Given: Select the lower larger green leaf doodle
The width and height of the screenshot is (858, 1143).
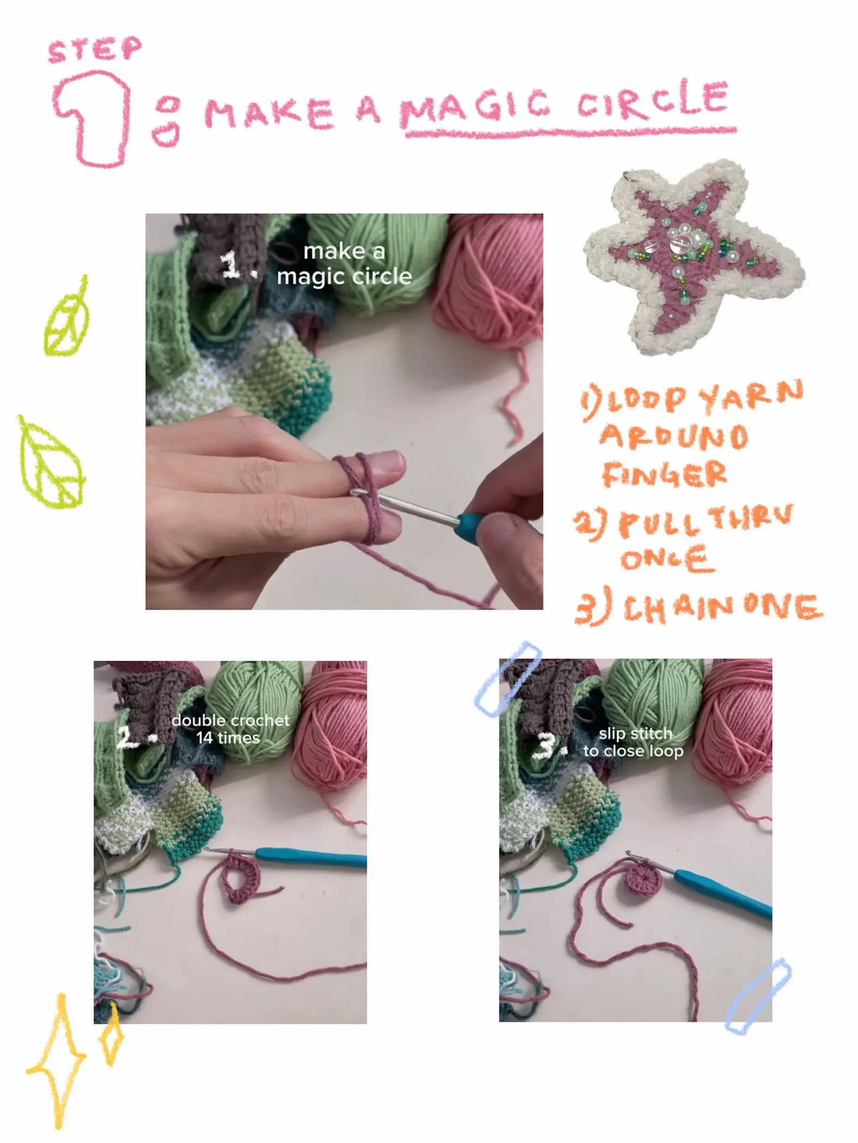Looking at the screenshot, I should (x=52, y=465).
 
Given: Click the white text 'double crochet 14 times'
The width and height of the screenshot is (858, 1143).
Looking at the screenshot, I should (x=230, y=729).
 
